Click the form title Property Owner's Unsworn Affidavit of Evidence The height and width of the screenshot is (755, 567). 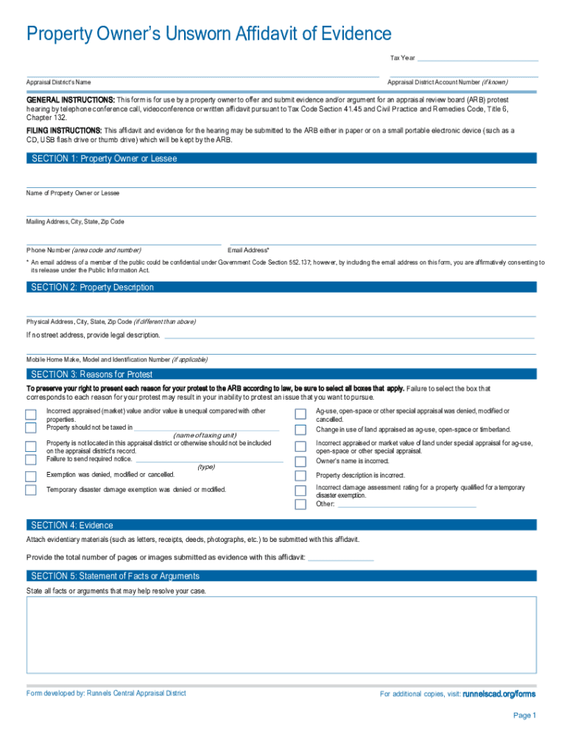pyautogui.click(x=209, y=33)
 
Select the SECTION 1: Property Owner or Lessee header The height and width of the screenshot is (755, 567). pyautogui.click(x=104, y=159)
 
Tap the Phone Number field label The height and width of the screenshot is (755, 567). pyautogui.click(x=84, y=250)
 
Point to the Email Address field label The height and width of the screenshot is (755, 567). pyautogui.click(x=250, y=250)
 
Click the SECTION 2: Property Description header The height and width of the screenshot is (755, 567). pyautogui.click(x=93, y=288)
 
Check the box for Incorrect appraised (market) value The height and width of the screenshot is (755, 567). pyautogui.click(x=31, y=414)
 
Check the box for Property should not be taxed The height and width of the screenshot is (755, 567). pyautogui.click(x=31, y=428)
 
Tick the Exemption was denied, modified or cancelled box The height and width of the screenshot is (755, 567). pyautogui.click(x=31, y=474)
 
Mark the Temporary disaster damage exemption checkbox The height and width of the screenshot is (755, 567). pyautogui.click(x=31, y=490)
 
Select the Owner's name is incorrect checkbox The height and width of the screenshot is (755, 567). pyautogui.click(x=300, y=461)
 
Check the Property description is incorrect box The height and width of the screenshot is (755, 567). pyautogui.click(x=300, y=476)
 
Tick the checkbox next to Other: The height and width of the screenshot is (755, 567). pyautogui.click(x=300, y=504)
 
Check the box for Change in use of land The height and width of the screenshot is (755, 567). pyautogui.click(x=300, y=429)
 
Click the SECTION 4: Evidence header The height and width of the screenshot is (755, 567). pyautogui.click(x=72, y=525)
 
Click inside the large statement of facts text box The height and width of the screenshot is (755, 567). pyautogui.click(x=281, y=634)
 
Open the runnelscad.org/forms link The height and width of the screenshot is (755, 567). pyautogui.click(x=499, y=694)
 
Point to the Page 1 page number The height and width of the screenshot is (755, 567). pyautogui.click(x=524, y=716)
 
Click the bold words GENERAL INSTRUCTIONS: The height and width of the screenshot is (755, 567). pyautogui.click(x=71, y=100)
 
